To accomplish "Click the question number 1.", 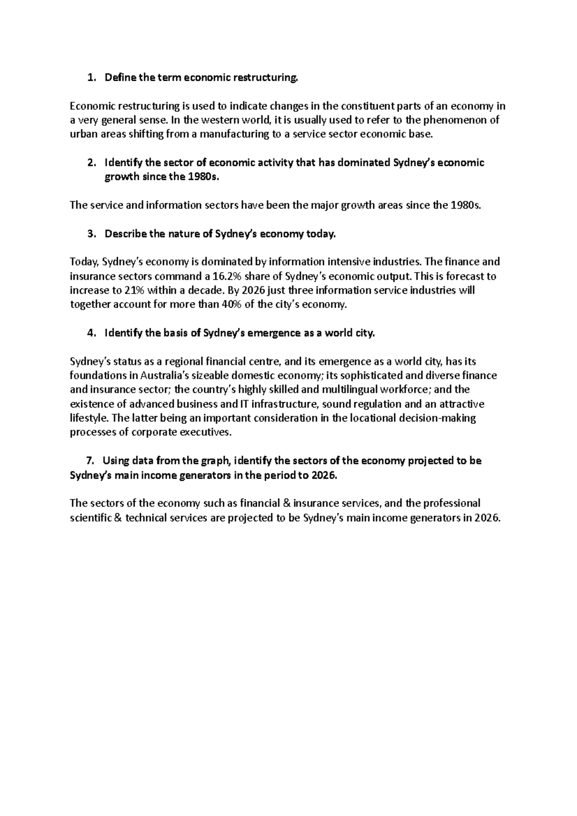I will point(90,78).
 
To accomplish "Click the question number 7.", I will point(89,461).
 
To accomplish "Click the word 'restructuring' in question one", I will point(266,78).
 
